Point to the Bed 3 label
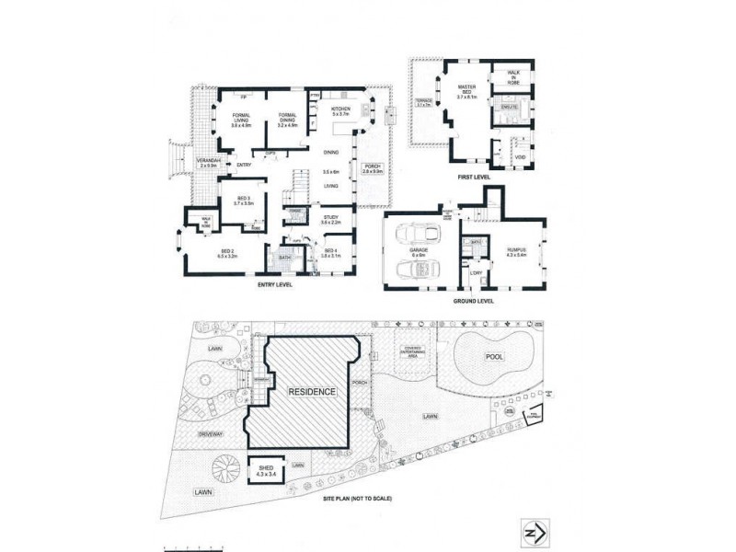point(243,201)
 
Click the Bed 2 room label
point(227,254)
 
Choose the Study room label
point(330,220)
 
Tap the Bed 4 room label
point(330,253)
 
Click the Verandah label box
point(207,164)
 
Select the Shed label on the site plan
point(266,471)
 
